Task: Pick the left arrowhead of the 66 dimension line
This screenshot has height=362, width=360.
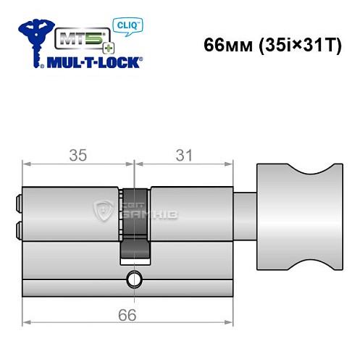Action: [x=26, y=324]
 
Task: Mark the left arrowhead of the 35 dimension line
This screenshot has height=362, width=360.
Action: [x=26, y=167]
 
